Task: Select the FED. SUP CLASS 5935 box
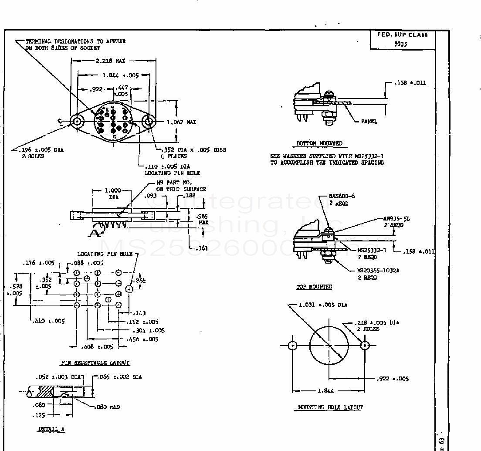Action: [x=403, y=39]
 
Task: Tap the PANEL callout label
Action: [x=369, y=122]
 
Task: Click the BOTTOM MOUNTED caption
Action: [x=319, y=143]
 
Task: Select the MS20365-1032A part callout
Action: [x=379, y=271]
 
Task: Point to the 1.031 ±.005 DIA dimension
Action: [x=323, y=305]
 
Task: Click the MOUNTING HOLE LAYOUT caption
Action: [x=330, y=407]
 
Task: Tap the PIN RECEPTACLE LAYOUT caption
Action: [x=95, y=363]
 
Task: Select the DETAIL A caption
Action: [x=51, y=429]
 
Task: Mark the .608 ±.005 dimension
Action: [x=97, y=347]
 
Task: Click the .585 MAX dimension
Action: [x=203, y=219]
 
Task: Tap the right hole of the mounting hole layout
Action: [x=365, y=346]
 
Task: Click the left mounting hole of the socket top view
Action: [x=78, y=122]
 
